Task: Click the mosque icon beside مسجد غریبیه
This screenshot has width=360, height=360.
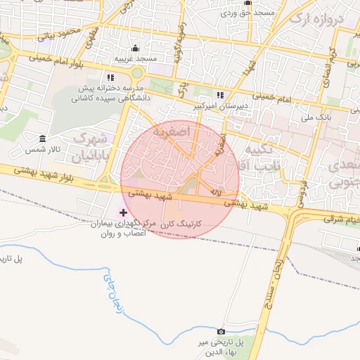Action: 135,48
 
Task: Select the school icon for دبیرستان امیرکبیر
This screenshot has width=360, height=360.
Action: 220,95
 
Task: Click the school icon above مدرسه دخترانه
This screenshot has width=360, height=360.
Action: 110,77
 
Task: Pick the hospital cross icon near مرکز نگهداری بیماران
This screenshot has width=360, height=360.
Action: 124,212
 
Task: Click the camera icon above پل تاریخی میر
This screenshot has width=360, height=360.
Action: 221,331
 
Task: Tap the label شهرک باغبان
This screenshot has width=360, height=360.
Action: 92,145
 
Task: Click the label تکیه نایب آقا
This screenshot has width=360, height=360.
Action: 259,159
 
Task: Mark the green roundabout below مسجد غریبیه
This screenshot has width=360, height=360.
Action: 136,72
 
